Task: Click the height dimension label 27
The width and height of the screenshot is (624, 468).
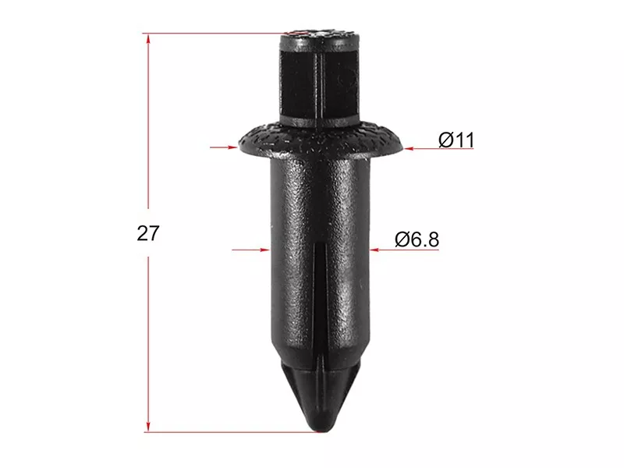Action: pos(147,232)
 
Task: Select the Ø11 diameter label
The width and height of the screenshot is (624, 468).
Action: pos(456,140)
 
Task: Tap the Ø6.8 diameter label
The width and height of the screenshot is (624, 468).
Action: pos(417,240)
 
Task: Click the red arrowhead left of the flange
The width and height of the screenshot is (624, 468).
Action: pos(232,146)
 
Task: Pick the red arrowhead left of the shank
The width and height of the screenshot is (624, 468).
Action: pos(265,250)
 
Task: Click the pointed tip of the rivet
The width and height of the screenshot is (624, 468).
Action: pos(322,426)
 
